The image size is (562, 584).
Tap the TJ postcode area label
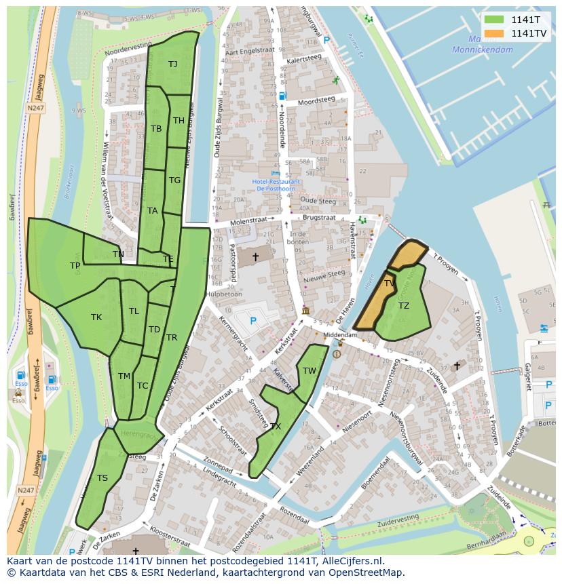(x=172, y=64)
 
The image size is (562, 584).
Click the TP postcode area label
(x=75, y=266)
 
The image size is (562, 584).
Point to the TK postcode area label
(x=96, y=317)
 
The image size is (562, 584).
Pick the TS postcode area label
(x=102, y=478)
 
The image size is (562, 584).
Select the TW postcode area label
(x=310, y=370)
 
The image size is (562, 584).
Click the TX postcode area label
(x=276, y=427)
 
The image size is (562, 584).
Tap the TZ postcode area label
(x=404, y=306)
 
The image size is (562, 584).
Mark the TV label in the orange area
(x=390, y=284)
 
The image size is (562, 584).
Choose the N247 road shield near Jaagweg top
(x=36, y=108)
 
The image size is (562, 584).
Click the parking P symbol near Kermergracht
(x=253, y=321)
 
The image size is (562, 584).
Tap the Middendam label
(x=340, y=335)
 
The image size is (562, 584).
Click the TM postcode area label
(x=124, y=376)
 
